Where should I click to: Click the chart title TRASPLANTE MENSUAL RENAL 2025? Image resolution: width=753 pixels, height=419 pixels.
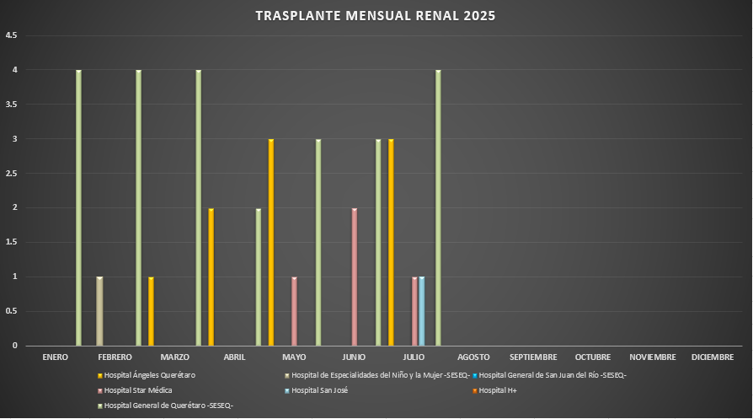click(x=376, y=16)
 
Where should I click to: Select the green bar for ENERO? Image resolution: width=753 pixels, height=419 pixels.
click(x=78, y=207)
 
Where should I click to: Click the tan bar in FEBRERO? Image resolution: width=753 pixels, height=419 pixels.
click(x=99, y=311)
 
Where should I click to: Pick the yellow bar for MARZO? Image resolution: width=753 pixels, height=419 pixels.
click(x=211, y=277)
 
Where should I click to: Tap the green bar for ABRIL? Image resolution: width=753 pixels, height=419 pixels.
click(x=259, y=277)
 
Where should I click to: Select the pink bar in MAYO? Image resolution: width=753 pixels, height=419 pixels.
click(x=294, y=311)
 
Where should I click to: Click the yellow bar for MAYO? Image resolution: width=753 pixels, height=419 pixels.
click(x=270, y=242)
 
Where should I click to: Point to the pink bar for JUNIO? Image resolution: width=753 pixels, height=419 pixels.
click(x=354, y=277)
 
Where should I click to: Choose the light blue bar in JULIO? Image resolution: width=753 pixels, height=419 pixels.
click(x=421, y=311)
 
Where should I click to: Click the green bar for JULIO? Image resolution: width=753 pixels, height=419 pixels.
click(x=438, y=207)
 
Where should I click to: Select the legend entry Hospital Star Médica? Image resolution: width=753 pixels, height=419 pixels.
click(x=138, y=390)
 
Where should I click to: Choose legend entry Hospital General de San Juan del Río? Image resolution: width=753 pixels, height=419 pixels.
click(x=552, y=375)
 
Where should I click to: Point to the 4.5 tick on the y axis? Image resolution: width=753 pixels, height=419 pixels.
click(x=11, y=35)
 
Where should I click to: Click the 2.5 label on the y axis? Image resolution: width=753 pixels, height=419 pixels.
click(x=11, y=174)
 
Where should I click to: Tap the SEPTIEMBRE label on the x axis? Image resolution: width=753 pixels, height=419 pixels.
click(x=533, y=357)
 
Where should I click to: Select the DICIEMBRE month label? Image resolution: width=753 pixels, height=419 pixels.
click(x=713, y=357)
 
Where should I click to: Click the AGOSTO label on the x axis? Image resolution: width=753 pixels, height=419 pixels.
click(x=473, y=357)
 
